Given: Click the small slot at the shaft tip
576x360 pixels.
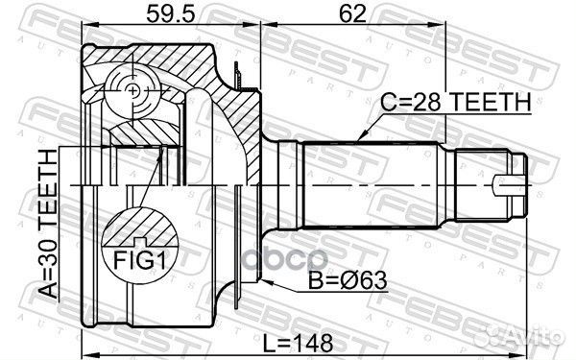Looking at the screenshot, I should pyautogui.click(x=509, y=182).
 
